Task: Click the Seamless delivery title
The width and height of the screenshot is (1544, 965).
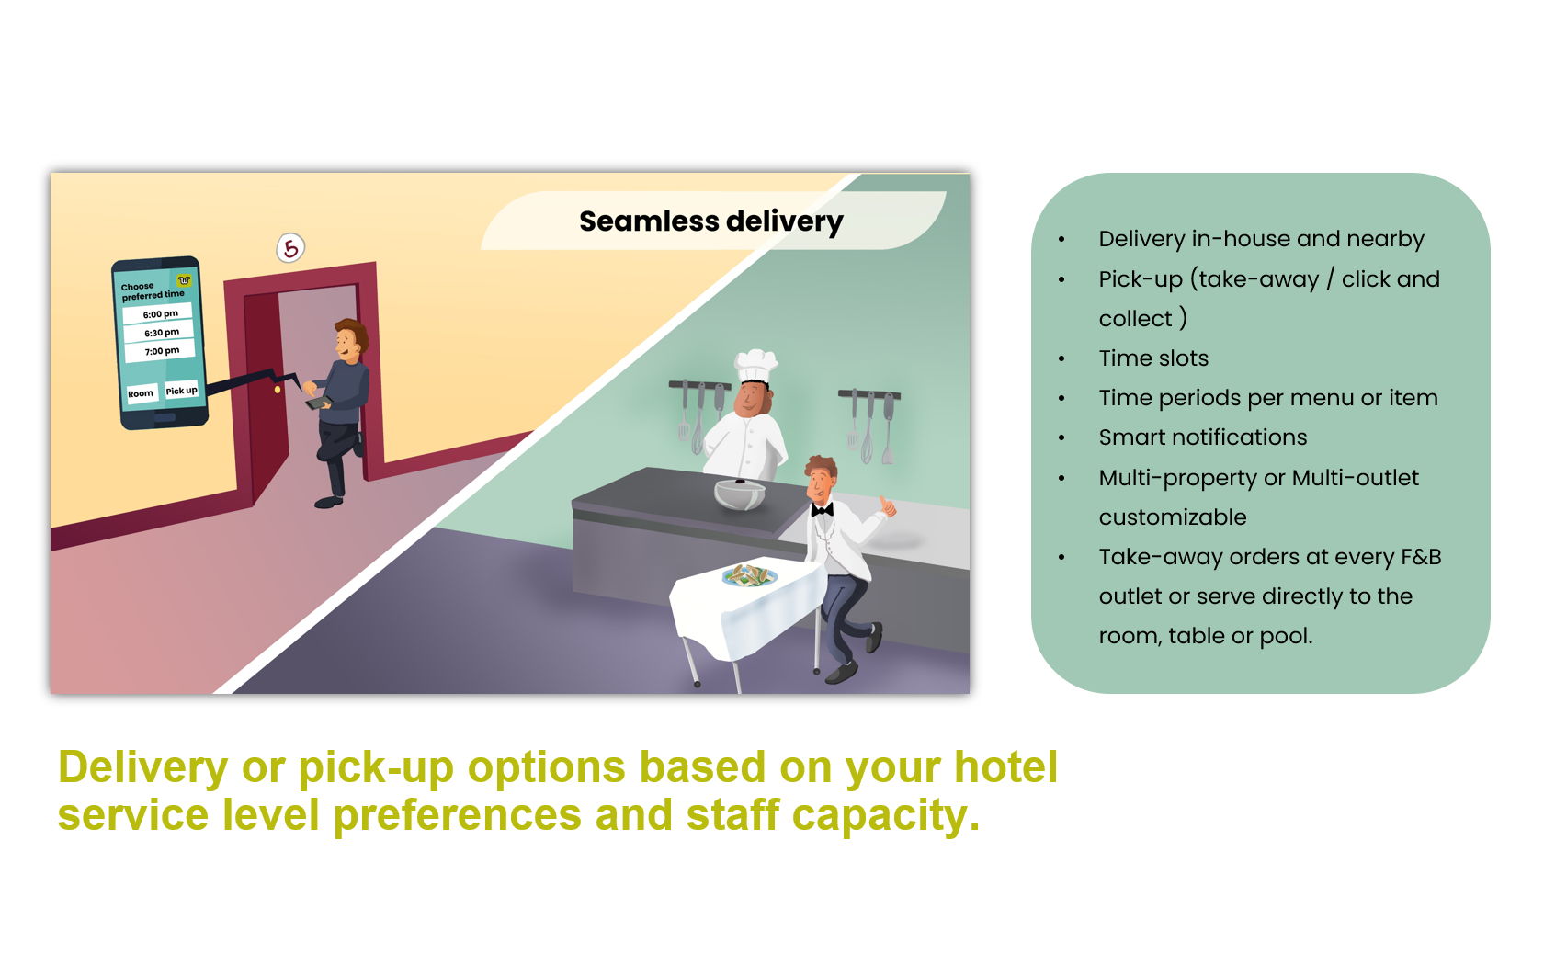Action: pyautogui.click(x=710, y=222)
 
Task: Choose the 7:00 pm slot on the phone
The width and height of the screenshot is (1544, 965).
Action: pyautogui.click(x=161, y=351)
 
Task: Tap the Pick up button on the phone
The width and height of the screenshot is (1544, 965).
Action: pyautogui.click(x=181, y=390)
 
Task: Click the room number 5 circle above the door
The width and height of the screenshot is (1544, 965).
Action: pyautogui.click(x=290, y=248)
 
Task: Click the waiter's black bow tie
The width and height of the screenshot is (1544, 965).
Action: pyautogui.click(x=822, y=510)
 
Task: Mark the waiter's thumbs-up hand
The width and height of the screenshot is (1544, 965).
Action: pyautogui.click(x=887, y=507)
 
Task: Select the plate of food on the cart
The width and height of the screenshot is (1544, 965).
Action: pyautogui.click(x=749, y=575)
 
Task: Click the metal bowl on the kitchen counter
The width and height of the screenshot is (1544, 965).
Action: pyautogui.click(x=740, y=494)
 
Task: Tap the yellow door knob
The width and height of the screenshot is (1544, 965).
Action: pyautogui.click(x=278, y=390)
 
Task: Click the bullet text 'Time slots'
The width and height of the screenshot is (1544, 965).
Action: pyautogui.click(x=1153, y=358)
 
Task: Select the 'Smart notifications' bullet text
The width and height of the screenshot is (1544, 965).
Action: pyautogui.click(x=1203, y=437)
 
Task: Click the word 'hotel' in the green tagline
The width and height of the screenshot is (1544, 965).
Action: pyautogui.click(x=1005, y=766)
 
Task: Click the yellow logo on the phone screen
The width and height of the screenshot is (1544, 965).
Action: pyautogui.click(x=184, y=279)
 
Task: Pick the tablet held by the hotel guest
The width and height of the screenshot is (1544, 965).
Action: pyautogui.click(x=318, y=403)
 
